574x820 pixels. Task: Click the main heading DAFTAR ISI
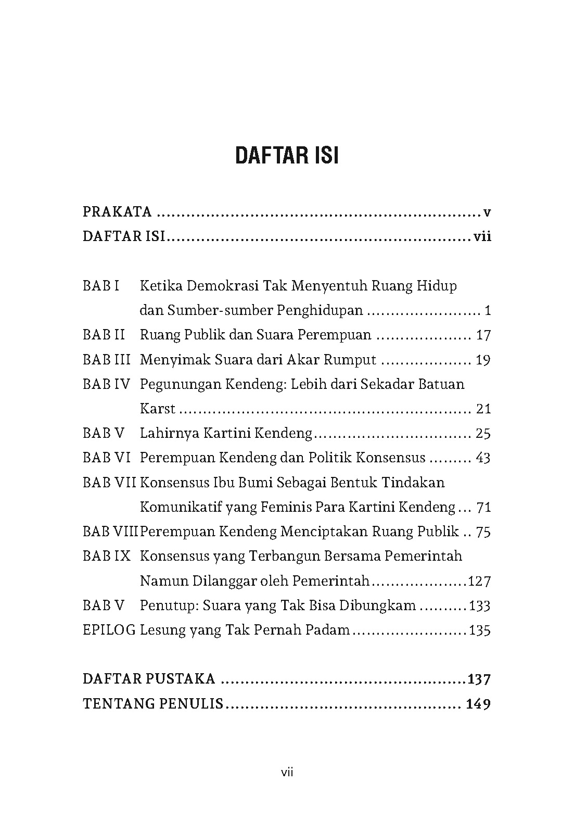[x=287, y=156]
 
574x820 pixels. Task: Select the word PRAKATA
[x=117, y=212]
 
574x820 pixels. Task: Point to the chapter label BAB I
[x=101, y=286]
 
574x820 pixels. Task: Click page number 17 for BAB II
[x=483, y=335]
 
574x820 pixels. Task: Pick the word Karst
[x=158, y=409]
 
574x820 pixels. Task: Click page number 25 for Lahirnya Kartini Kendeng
[x=483, y=433]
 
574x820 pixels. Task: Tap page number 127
[x=479, y=581]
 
